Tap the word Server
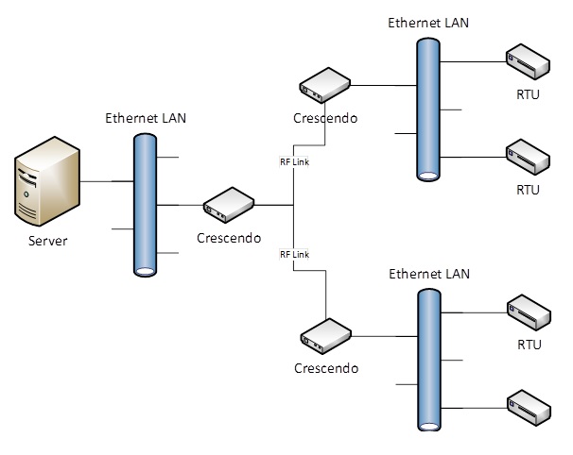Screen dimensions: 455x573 click(47, 241)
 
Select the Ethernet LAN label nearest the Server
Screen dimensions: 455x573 click(144, 119)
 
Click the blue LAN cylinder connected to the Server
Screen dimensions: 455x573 click(145, 204)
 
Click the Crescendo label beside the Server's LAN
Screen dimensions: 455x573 click(230, 237)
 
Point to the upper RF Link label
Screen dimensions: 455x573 click(294, 162)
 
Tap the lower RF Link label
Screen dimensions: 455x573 click(294, 255)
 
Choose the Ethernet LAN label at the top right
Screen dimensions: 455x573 click(428, 23)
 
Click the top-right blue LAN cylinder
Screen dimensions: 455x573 click(428, 109)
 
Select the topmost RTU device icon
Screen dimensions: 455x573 click(528, 61)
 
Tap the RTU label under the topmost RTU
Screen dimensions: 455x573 click(528, 94)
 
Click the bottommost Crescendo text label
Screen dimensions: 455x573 click(326, 366)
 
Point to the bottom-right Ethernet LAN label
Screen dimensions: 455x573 click(429, 274)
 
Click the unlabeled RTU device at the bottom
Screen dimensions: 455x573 click(529, 405)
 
